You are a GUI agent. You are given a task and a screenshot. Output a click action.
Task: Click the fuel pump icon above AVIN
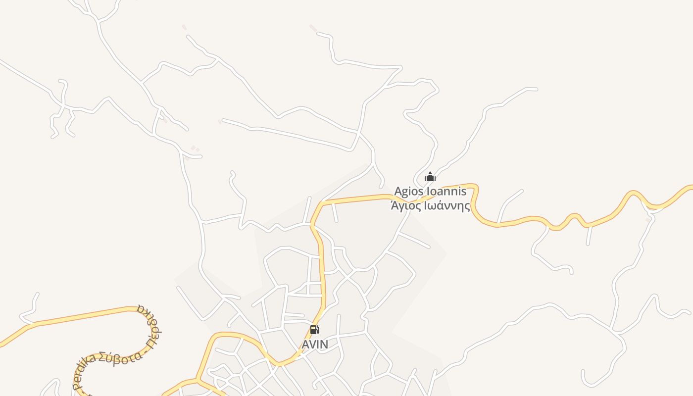[x=314, y=330]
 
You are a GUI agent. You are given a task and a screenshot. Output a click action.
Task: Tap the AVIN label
[x=315, y=344]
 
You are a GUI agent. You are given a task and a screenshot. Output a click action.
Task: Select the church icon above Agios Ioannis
[x=430, y=177]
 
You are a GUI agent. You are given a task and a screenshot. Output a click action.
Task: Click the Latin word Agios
[x=409, y=192]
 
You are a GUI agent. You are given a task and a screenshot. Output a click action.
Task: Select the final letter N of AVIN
[x=324, y=344]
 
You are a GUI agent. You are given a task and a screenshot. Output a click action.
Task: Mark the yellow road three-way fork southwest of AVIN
[x=198, y=380]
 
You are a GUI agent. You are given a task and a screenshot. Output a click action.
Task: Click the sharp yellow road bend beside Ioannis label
[x=475, y=188]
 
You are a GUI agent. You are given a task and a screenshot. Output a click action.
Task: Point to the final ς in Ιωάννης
[x=467, y=206]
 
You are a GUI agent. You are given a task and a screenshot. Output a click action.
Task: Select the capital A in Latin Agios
[x=398, y=192]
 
